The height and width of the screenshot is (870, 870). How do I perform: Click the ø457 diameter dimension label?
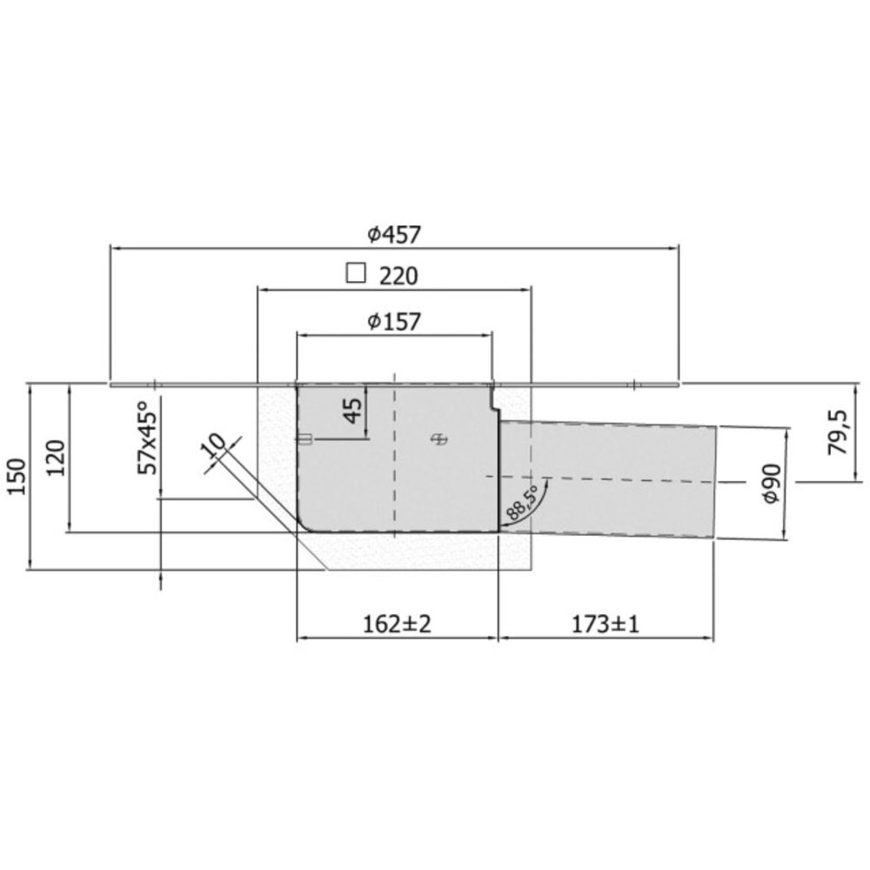pyautogui.click(x=394, y=234)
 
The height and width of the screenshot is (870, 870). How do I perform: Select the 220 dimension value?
pyautogui.click(x=398, y=276)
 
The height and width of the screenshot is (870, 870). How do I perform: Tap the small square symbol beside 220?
pyautogui.click(x=356, y=272)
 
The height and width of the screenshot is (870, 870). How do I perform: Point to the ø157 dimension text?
pyautogui.click(x=394, y=321)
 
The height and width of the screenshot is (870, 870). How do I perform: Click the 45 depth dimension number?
pyautogui.click(x=352, y=411)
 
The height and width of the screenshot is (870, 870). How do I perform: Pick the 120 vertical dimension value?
pyautogui.click(x=56, y=458)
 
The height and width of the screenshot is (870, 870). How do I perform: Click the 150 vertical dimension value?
pyautogui.click(x=17, y=476)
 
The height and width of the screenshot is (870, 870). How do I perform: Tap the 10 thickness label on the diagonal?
pyautogui.click(x=215, y=446)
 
